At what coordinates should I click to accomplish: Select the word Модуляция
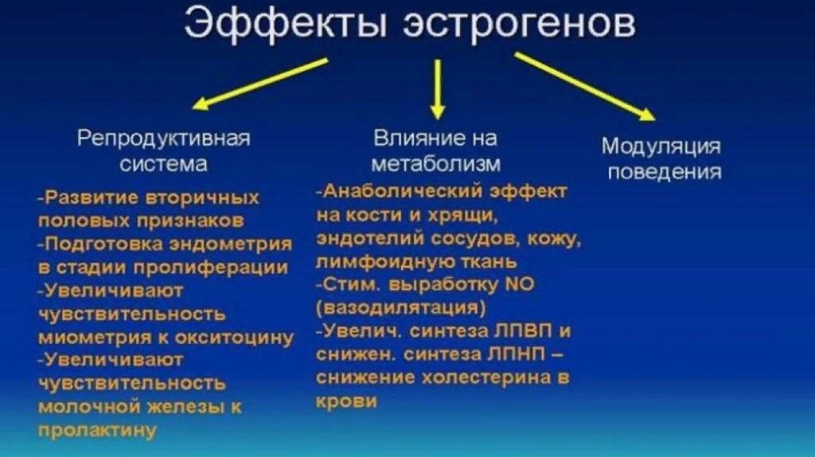point(661,146)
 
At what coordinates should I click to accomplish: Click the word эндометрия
point(238,244)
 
